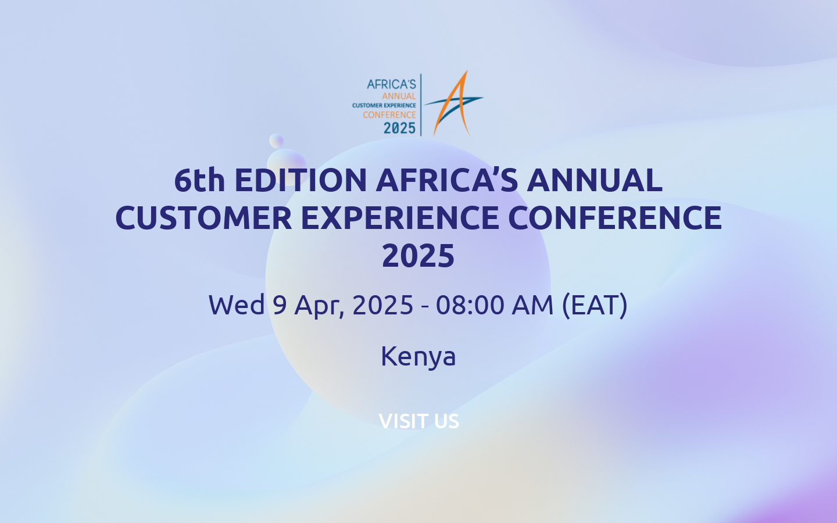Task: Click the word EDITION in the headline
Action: pyautogui.click(x=301, y=180)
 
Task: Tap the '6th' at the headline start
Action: pyautogui.click(x=199, y=180)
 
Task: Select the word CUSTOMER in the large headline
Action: pyautogui.click(x=203, y=218)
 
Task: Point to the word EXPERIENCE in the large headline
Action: pyautogui.click(x=399, y=218)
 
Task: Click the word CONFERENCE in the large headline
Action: pyautogui.click(x=614, y=218)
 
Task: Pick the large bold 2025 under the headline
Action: pyautogui.click(x=419, y=256)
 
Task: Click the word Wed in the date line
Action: pyautogui.click(x=237, y=305)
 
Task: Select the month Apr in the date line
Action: pyautogui.click(x=319, y=306)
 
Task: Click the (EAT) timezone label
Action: pyautogui.click(x=595, y=305)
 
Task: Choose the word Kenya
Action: pyautogui.click(x=419, y=356)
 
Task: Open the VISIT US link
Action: pyautogui.click(x=419, y=421)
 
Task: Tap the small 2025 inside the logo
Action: pyautogui.click(x=399, y=128)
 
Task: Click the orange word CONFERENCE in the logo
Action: pyautogui.click(x=389, y=115)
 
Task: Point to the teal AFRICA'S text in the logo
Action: pyautogui.click(x=391, y=84)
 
